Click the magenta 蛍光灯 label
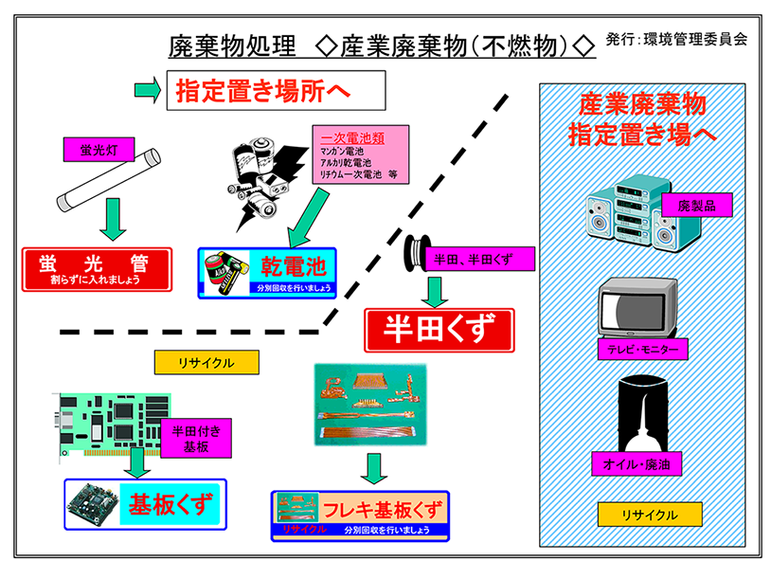99,149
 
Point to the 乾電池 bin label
268,273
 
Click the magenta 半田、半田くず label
483,258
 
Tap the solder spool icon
418,254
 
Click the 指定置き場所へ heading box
276,93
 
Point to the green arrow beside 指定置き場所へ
147,91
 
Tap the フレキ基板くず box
360,515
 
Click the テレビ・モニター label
643,350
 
